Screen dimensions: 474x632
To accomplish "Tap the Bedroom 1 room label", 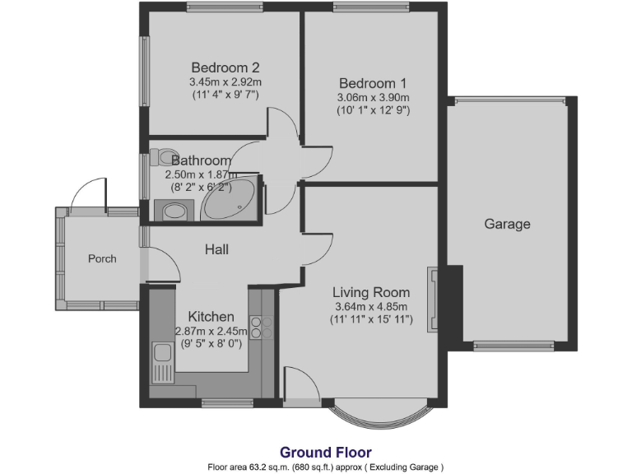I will click(373, 83).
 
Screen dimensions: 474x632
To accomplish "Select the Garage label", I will click(507, 224).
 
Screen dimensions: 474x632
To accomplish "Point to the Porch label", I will click(102, 258).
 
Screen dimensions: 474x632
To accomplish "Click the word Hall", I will click(216, 249).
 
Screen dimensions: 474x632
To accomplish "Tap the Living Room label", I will click(371, 291).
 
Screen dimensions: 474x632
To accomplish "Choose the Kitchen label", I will click(211, 317).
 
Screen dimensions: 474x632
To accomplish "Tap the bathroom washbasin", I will click(175, 211).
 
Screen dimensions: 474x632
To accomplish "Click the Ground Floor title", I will click(326, 452).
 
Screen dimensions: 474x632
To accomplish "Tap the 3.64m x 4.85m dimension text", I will click(371, 306).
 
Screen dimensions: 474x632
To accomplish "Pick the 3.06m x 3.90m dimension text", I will click(373, 97).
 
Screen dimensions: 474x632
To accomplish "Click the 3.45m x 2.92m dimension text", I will click(225, 81).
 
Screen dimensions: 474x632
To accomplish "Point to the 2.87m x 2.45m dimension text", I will click(211, 331).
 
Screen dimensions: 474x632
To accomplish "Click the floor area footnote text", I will click(326, 467).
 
